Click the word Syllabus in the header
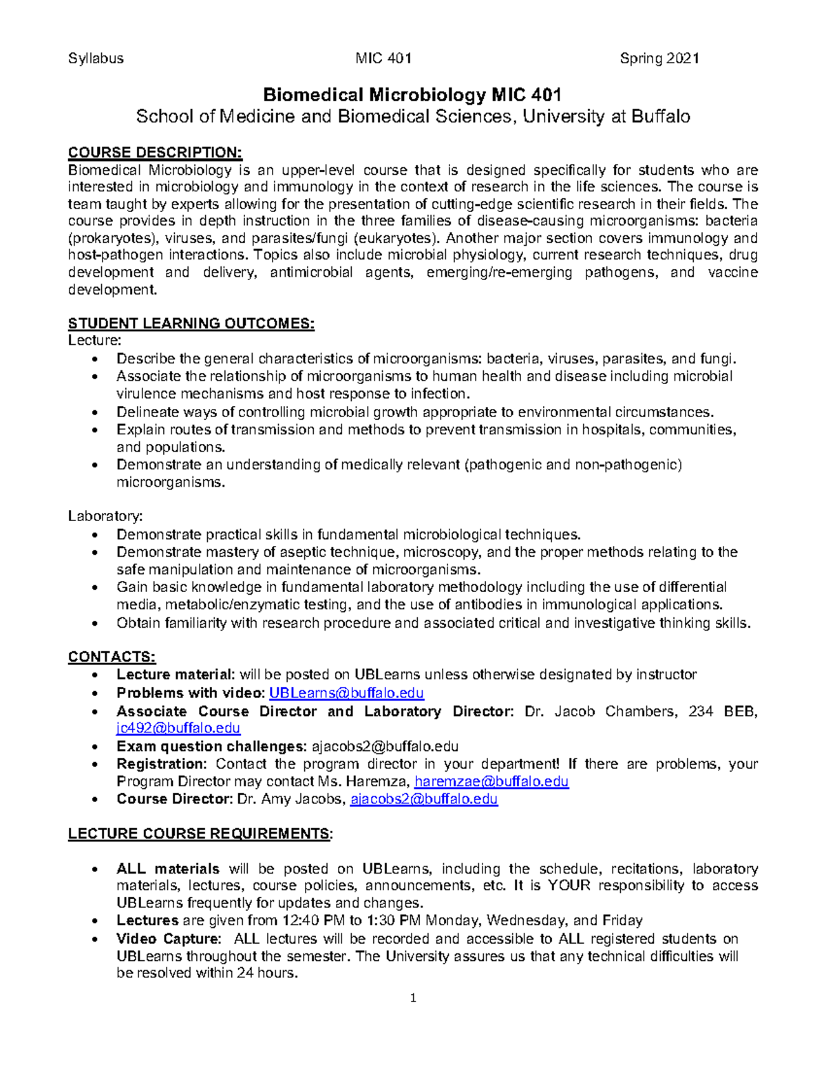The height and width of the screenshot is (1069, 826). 96,59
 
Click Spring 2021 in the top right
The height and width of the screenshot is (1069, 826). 659,59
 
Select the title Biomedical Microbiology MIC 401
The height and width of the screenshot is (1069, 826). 412,95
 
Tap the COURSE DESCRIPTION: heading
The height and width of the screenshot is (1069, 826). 155,152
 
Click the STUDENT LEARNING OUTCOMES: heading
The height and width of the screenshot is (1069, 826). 191,324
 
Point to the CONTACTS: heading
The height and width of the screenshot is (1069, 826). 112,657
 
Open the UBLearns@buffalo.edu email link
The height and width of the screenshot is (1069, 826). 346,693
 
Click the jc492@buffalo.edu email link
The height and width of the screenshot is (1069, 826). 178,728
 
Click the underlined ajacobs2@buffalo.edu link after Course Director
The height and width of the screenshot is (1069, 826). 424,799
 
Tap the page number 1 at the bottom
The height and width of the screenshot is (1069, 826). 413,998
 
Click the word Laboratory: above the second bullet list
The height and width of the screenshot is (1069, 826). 105,516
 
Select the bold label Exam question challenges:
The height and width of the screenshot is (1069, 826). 211,746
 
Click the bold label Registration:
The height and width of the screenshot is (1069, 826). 161,764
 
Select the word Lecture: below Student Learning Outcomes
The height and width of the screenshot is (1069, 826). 95,341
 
